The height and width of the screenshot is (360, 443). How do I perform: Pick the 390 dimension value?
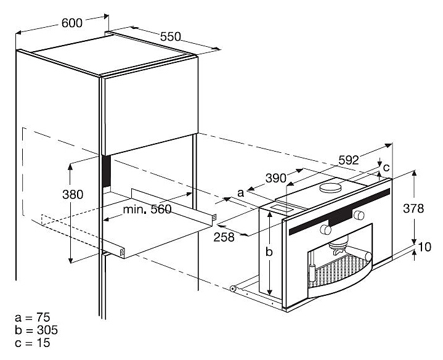pos(275,179)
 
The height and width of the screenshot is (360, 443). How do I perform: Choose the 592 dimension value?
pos(349,159)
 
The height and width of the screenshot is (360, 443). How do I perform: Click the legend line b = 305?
pos(34,330)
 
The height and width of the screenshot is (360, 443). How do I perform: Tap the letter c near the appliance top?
pos(386,167)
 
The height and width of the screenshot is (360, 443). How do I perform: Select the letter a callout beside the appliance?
pos(241,194)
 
